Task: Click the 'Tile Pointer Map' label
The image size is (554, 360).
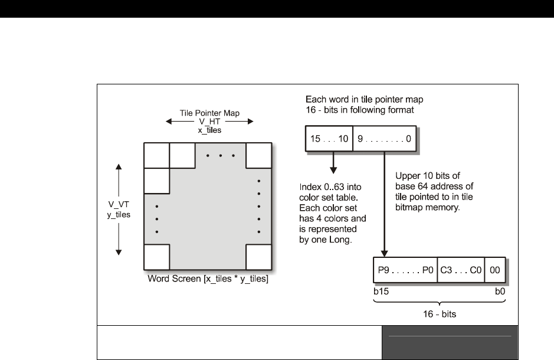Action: click(x=209, y=113)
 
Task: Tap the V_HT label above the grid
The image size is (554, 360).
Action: click(x=209, y=121)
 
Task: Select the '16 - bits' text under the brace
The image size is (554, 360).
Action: click(x=440, y=314)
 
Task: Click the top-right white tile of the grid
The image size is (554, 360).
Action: click(x=259, y=155)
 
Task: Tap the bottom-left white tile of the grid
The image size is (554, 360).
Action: click(x=156, y=257)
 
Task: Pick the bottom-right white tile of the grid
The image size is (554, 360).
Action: click(x=259, y=257)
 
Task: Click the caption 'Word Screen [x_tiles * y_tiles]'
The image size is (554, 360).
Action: click(x=208, y=278)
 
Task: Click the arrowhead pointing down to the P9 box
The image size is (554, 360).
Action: click(x=385, y=253)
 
